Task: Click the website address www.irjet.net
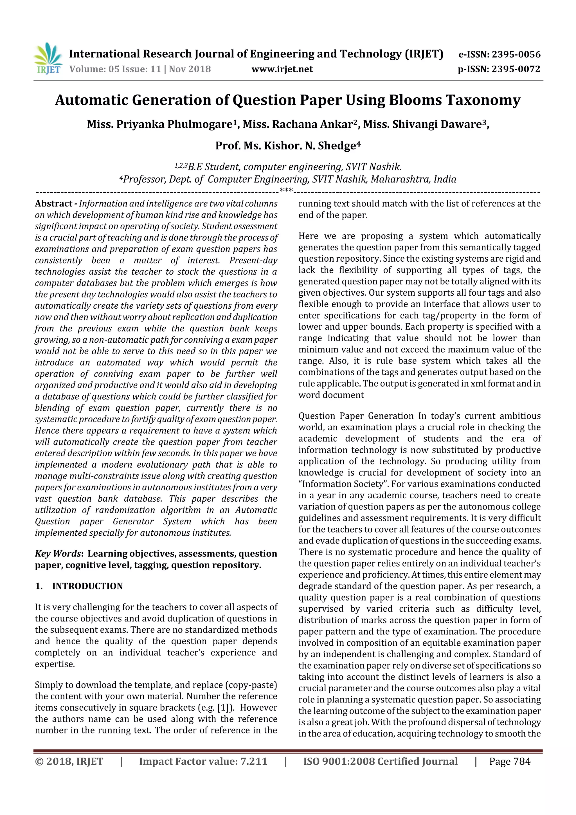pos(282,69)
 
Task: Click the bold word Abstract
pos(54,204)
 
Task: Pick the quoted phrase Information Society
pos(343,484)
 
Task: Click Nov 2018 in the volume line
pos(190,69)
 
